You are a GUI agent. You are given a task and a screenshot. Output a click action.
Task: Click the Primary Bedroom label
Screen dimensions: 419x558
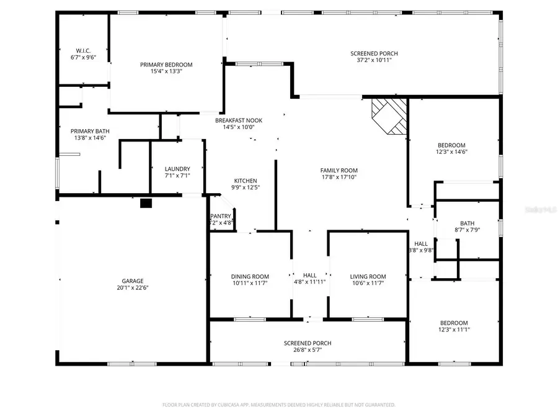tap(166, 65)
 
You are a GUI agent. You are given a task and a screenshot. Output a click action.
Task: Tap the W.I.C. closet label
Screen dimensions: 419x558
tap(84, 50)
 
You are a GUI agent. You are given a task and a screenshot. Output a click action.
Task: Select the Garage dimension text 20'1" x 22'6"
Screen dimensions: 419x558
tap(133, 287)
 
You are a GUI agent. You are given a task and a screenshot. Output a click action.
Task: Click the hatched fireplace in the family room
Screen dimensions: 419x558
tap(389, 115)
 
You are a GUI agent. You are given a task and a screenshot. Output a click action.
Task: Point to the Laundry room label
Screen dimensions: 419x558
tap(177, 169)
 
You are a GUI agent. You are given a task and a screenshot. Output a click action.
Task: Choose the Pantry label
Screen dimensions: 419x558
tap(221, 216)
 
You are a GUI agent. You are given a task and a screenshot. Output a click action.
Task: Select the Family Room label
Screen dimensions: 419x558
tap(339, 170)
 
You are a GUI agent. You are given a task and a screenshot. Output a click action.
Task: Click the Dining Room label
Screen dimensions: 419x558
tap(250, 276)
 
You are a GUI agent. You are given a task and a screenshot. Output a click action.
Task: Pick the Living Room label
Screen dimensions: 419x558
tap(368, 276)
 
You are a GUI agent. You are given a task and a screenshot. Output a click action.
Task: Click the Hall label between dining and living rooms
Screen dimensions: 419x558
tap(309, 275)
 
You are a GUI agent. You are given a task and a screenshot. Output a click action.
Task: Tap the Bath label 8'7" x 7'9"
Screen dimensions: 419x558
tap(467, 223)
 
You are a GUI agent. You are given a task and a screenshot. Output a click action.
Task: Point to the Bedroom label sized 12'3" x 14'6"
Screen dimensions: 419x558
tap(451, 145)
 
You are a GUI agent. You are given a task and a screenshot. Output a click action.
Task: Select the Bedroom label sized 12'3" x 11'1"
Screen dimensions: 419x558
tap(454, 323)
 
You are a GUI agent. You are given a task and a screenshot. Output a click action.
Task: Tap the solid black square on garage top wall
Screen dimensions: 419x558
tap(146, 202)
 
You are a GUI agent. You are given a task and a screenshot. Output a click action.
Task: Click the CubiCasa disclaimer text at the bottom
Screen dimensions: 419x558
tap(279, 405)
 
